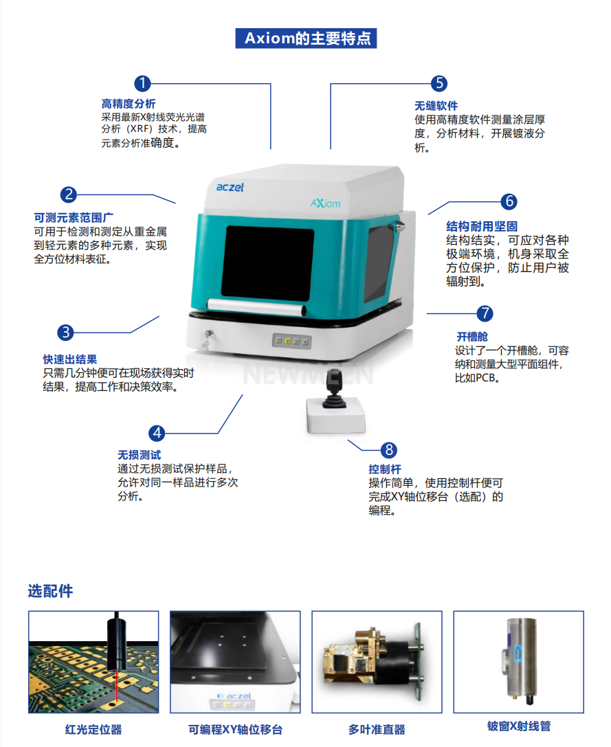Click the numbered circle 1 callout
[142, 83]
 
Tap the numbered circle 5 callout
[439, 83]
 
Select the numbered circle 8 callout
[389, 449]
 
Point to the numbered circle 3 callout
[66, 332]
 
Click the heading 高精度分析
[129, 103]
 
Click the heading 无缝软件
[436, 106]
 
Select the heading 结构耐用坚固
[482, 226]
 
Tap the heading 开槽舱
[472, 337]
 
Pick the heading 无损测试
[139, 455]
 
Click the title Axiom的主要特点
[307, 38]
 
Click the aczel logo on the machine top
[230, 187]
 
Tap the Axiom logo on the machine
[326, 203]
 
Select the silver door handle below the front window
[256, 306]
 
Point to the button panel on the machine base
[291, 341]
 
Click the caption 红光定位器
[93, 729]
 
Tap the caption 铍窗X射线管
[518, 726]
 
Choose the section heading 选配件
[50, 591]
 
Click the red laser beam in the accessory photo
[117, 686]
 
